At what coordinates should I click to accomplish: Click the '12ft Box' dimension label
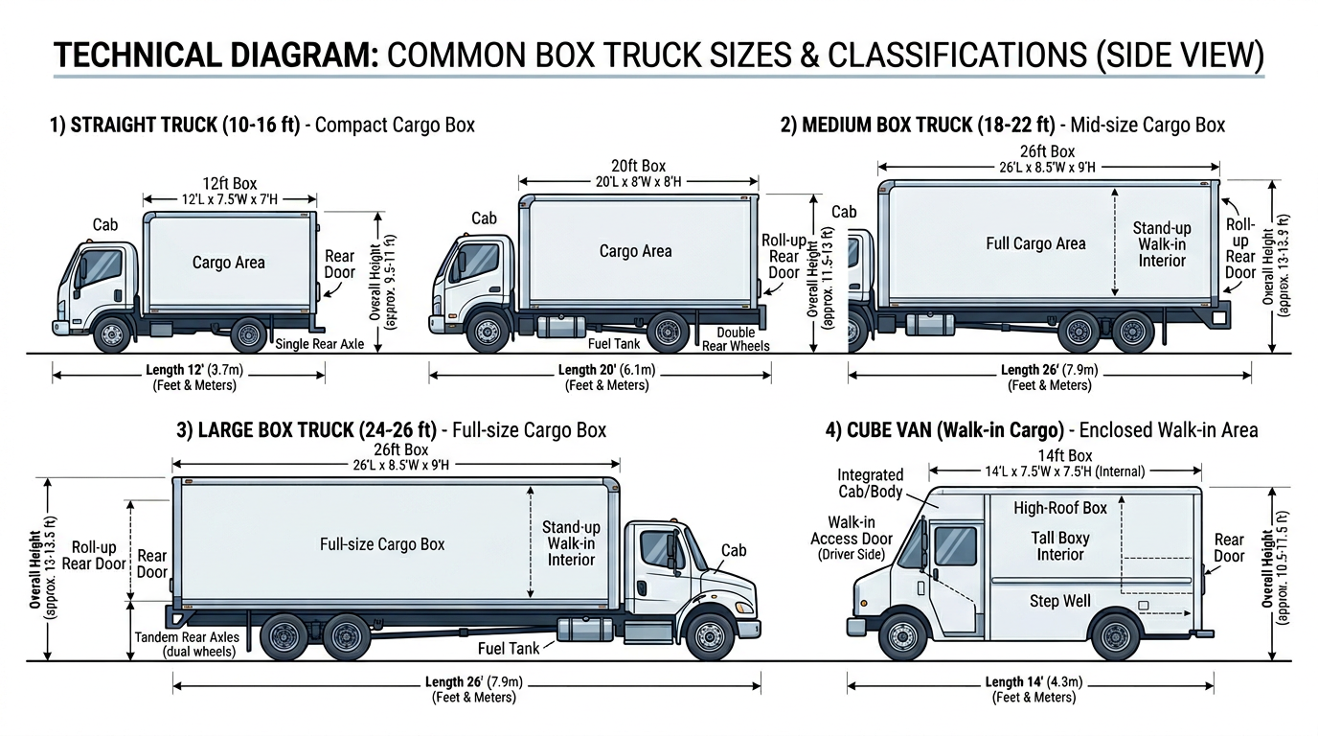(229, 183)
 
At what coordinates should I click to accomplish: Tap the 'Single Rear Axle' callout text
(319, 344)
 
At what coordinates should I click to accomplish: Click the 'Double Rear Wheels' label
(736, 339)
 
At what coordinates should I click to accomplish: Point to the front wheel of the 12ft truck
(112, 333)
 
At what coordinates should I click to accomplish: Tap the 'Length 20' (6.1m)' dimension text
(606, 370)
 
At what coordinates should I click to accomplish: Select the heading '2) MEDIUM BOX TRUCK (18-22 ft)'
(918, 125)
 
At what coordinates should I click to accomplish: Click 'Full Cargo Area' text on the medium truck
(1035, 243)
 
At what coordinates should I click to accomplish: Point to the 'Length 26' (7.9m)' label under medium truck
(1049, 370)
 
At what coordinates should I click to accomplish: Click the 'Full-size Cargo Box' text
(382, 544)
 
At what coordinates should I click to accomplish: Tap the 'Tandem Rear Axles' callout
(186, 637)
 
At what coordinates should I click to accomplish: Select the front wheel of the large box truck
(710, 636)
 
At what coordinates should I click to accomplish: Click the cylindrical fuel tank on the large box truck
(584, 630)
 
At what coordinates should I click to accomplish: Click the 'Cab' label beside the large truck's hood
(734, 550)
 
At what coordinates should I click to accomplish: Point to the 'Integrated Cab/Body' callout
(870, 483)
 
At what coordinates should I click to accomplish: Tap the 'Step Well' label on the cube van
(1059, 601)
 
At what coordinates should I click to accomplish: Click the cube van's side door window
(956, 545)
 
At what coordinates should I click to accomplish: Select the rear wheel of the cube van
(1116, 635)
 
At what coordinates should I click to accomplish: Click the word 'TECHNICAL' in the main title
(143, 55)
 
